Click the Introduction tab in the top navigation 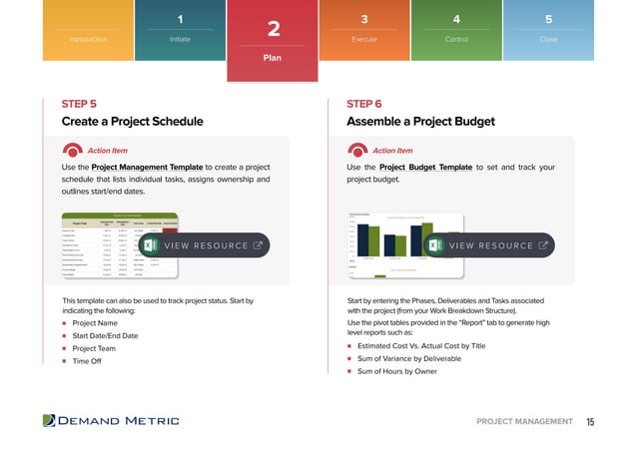(x=87, y=39)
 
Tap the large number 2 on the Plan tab (x=273, y=31)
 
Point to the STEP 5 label (x=79, y=104)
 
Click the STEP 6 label (x=364, y=104)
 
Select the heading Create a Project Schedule (x=132, y=122)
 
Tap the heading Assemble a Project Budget (x=420, y=122)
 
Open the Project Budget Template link (x=426, y=167)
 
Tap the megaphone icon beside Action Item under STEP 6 (x=360, y=151)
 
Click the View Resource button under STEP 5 (x=205, y=245)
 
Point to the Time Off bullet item (x=87, y=361)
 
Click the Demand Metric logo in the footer (x=111, y=421)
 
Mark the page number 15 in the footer (x=590, y=422)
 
